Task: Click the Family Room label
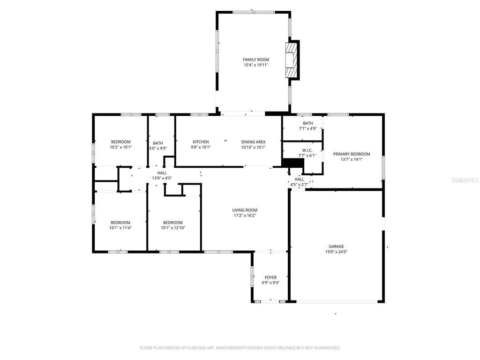click(255, 60)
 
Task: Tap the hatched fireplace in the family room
click(292, 60)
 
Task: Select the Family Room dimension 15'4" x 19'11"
click(255, 65)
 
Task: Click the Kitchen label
click(201, 142)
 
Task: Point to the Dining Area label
click(253, 142)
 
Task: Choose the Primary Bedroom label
click(351, 154)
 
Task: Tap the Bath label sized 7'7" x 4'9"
click(307, 123)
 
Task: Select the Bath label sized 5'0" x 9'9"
click(158, 143)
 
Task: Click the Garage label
click(336, 246)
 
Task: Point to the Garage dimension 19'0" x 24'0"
click(336, 252)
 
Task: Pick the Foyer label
click(270, 277)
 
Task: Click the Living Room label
click(245, 210)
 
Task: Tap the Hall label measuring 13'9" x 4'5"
click(162, 173)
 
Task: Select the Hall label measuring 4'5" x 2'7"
click(299, 179)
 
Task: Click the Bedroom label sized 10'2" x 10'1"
click(120, 142)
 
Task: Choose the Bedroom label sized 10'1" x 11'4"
click(120, 222)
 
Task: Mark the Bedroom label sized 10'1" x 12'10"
click(172, 222)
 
